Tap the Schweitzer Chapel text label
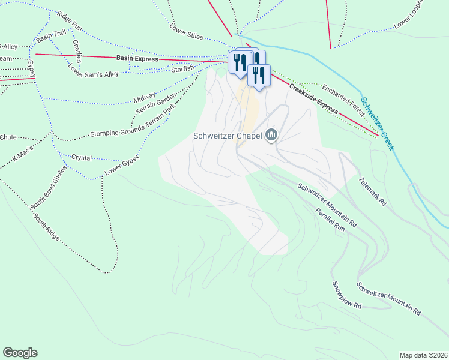click(x=228, y=136)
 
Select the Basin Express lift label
click(x=137, y=59)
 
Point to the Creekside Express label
click(x=313, y=100)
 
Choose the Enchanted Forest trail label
click(x=343, y=99)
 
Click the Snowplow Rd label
click(x=347, y=295)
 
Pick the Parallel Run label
click(x=330, y=220)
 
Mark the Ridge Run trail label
click(x=69, y=20)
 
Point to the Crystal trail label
click(x=82, y=157)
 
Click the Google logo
click(x=20, y=353)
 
